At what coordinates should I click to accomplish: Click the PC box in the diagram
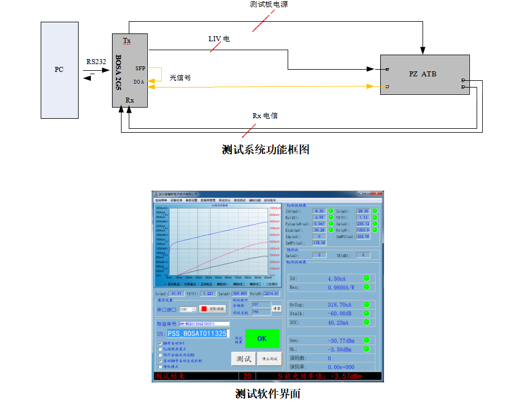pyautogui.click(x=59, y=70)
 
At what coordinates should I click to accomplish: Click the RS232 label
pyautogui.click(x=96, y=62)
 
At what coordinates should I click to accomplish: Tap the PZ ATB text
pyautogui.click(x=422, y=74)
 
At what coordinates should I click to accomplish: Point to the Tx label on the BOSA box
pyautogui.click(x=127, y=41)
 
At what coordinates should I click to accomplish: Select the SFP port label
pyautogui.click(x=140, y=68)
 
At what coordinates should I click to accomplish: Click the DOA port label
pyautogui.click(x=139, y=81)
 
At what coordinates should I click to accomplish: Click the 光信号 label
pyautogui.click(x=180, y=78)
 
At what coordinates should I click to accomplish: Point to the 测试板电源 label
pyautogui.click(x=269, y=4)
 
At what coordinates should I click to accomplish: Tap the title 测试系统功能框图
pyautogui.click(x=265, y=149)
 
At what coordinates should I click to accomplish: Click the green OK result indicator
pyautogui.click(x=261, y=338)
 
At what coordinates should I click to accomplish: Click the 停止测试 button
pyautogui.click(x=270, y=358)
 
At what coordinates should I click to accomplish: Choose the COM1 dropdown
pyautogui.click(x=188, y=309)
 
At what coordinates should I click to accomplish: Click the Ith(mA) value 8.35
pyautogui.click(x=319, y=211)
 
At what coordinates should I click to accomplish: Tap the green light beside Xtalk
pyautogui.click(x=367, y=314)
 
